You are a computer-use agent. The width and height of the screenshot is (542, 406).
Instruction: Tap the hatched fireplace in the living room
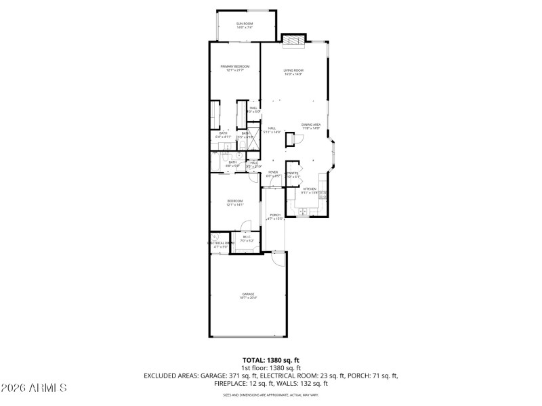pos(293,41)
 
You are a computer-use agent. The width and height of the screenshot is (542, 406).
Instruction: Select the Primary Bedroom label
pos(234,67)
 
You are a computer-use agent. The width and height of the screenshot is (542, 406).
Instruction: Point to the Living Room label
pos(293,71)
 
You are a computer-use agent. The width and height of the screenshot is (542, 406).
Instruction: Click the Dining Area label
pos(311,125)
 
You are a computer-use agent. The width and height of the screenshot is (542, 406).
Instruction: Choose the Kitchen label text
pos(310,189)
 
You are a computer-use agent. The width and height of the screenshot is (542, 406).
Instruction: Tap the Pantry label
pos(292,173)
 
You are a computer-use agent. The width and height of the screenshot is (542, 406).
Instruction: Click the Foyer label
pos(273,173)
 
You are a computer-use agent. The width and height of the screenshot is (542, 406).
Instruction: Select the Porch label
pos(274,216)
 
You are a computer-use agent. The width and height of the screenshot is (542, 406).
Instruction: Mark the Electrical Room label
pos(220,244)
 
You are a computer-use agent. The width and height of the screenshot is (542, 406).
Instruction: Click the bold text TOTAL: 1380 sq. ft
pos(271,361)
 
